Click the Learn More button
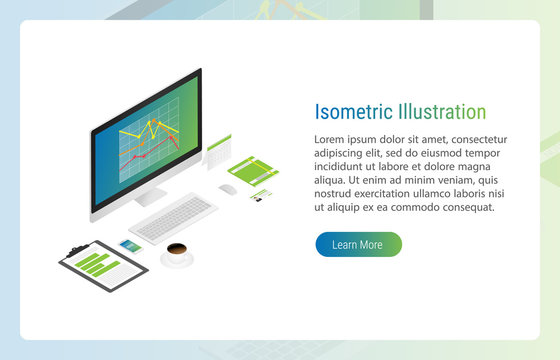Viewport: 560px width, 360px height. coord(358,244)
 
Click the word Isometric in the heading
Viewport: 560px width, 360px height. coord(353,112)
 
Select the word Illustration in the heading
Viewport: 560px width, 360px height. coord(441,112)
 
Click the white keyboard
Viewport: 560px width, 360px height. coord(173,218)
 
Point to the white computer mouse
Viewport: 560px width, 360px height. coord(227,189)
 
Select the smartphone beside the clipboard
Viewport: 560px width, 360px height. coord(130,245)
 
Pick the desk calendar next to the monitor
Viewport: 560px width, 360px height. coord(218,153)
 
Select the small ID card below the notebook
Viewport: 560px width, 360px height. coord(262,193)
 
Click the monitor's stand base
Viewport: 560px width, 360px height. coord(150,198)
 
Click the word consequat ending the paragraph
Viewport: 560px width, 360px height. coord(463,207)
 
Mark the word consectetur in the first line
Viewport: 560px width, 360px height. coord(473,139)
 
